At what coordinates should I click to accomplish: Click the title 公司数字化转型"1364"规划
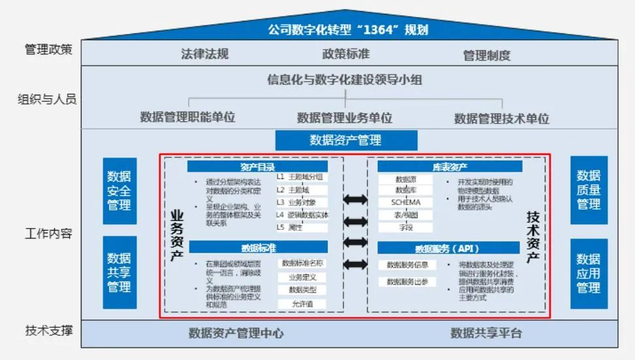click(x=348, y=29)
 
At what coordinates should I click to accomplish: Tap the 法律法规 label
click(x=204, y=54)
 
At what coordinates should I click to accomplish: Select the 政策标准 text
click(x=346, y=54)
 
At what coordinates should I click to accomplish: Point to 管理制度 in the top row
click(x=487, y=55)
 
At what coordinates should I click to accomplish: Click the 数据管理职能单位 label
click(x=187, y=118)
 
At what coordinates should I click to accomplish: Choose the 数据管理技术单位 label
click(x=502, y=118)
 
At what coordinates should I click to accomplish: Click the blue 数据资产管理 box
click(x=346, y=140)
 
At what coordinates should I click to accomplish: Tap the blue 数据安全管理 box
click(x=120, y=190)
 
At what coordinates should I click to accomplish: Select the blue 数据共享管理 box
click(x=120, y=272)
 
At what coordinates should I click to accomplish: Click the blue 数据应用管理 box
click(x=589, y=273)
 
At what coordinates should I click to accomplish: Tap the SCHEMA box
click(x=406, y=203)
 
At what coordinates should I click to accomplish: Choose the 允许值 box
click(x=301, y=304)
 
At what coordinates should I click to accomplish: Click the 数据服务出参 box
click(x=406, y=282)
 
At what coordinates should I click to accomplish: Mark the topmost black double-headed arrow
click(x=355, y=198)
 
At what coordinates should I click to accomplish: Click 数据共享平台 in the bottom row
click(x=486, y=333)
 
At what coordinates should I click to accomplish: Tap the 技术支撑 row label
click(x=49, y=331)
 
